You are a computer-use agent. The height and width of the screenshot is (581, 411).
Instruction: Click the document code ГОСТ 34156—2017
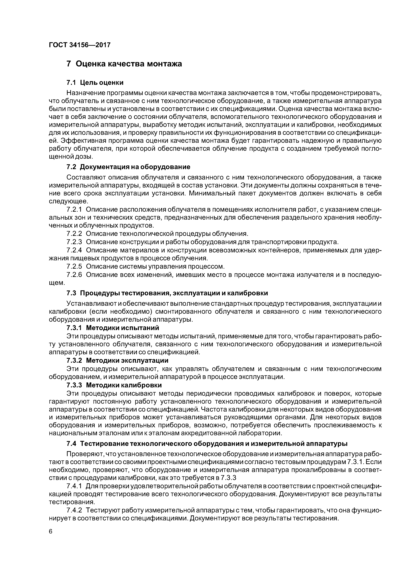point(80,45)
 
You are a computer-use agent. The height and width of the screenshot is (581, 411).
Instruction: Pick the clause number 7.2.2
point(74,234)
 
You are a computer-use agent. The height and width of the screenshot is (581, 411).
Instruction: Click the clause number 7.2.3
point(74,242)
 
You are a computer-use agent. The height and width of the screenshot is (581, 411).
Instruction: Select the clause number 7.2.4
point(74,250)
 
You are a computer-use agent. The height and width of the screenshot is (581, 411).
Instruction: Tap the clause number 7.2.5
point(74,266)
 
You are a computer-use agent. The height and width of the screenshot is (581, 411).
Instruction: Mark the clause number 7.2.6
point(74,275)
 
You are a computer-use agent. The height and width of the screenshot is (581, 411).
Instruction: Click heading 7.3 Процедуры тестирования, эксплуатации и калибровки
point(167,293)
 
